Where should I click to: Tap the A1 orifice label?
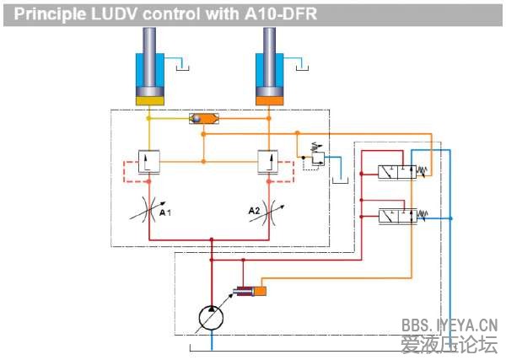click(x=166, y=213)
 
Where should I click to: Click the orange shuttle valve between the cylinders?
click(x=203, y=120)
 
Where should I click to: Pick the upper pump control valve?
click(x=395, y=171)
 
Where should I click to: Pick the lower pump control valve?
click(x=395, y=218)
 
